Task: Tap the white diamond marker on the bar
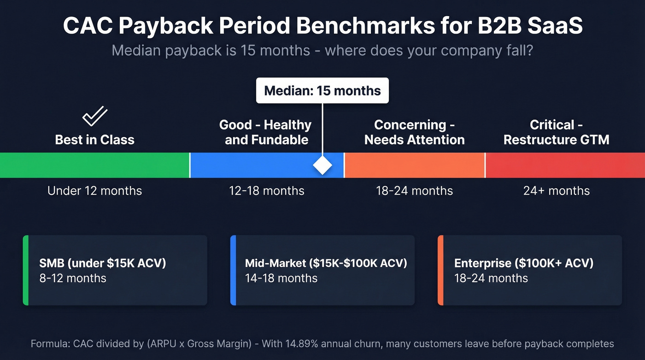322,165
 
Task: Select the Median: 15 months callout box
322,90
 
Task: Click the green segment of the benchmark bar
94,165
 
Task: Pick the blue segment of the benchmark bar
258,165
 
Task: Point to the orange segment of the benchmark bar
415,165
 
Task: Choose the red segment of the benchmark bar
565,165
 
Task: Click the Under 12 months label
94,191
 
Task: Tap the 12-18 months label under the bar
267,191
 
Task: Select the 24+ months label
556,191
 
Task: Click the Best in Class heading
94,140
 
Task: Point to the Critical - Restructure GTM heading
556,132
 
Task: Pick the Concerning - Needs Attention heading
414,132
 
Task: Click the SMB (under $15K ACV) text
103,263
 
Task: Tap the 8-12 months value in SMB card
73,278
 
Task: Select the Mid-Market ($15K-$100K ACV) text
326,263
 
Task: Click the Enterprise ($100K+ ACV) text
524,263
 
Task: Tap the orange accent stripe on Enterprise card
440,270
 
